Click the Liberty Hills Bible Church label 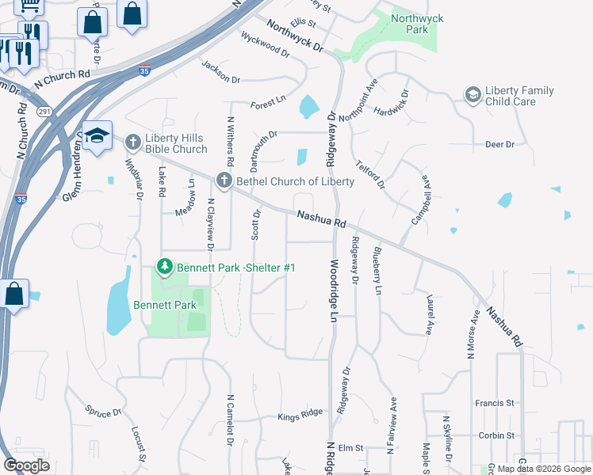pos(176,143)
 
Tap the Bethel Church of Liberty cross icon pos(224,181)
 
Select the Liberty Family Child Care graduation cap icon pos(473,96)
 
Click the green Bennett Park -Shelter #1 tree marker pos(165,268)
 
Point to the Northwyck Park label pos(411,24)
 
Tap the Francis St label pos(495,403)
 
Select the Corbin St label pos(495,435)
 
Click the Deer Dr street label pos(499,144)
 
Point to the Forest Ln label pos(267,101)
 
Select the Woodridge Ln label pos(334,279)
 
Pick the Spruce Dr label pos(103,412)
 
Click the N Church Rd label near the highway pos(62,76)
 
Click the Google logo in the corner pos(26,465)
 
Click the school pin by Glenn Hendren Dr pos(97,135)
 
